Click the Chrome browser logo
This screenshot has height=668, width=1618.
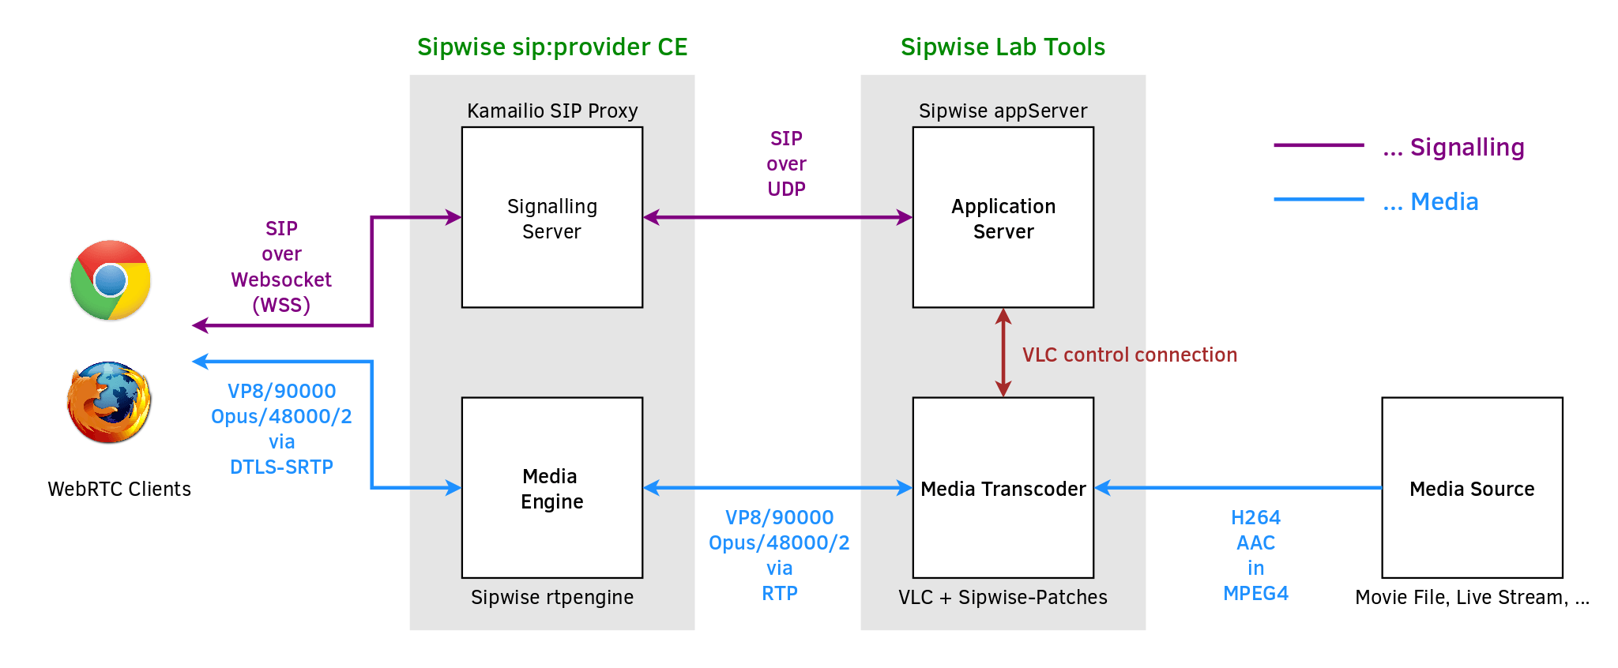pos(111,280)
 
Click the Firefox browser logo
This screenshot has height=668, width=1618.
pos(110,402)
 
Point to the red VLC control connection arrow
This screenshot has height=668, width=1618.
pos(1003,352)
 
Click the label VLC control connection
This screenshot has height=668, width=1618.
pos(1129,355)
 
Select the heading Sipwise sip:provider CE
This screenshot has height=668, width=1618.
pos(552,47)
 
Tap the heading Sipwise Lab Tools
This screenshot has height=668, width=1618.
pos(1003,47)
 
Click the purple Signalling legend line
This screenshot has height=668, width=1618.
pos(1319,145)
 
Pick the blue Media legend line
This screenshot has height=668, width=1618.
pos(1319,200)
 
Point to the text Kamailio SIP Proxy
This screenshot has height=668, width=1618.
pos(552,111)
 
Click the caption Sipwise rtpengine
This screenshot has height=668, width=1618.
pos(552,598)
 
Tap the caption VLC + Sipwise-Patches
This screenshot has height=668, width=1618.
pos(1003,598)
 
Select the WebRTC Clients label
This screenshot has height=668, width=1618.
pos(119,490)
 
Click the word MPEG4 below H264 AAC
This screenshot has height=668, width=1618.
pos(1255,594)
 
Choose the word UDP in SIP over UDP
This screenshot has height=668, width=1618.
pos(786,190)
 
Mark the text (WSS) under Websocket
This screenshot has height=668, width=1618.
pos(281,306)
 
